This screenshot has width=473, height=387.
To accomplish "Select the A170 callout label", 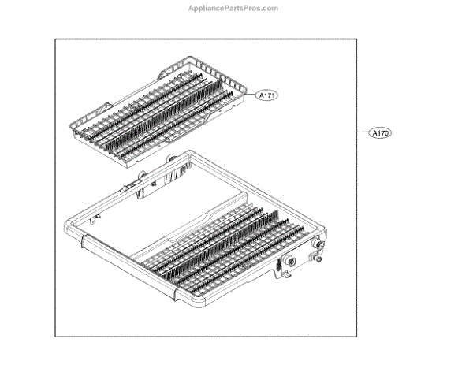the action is point(380,133).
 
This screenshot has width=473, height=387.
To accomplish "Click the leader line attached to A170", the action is point(363,133).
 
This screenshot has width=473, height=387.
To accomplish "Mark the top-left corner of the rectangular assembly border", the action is point(54,38).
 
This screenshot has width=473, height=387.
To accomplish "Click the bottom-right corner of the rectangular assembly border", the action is point(357,337).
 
